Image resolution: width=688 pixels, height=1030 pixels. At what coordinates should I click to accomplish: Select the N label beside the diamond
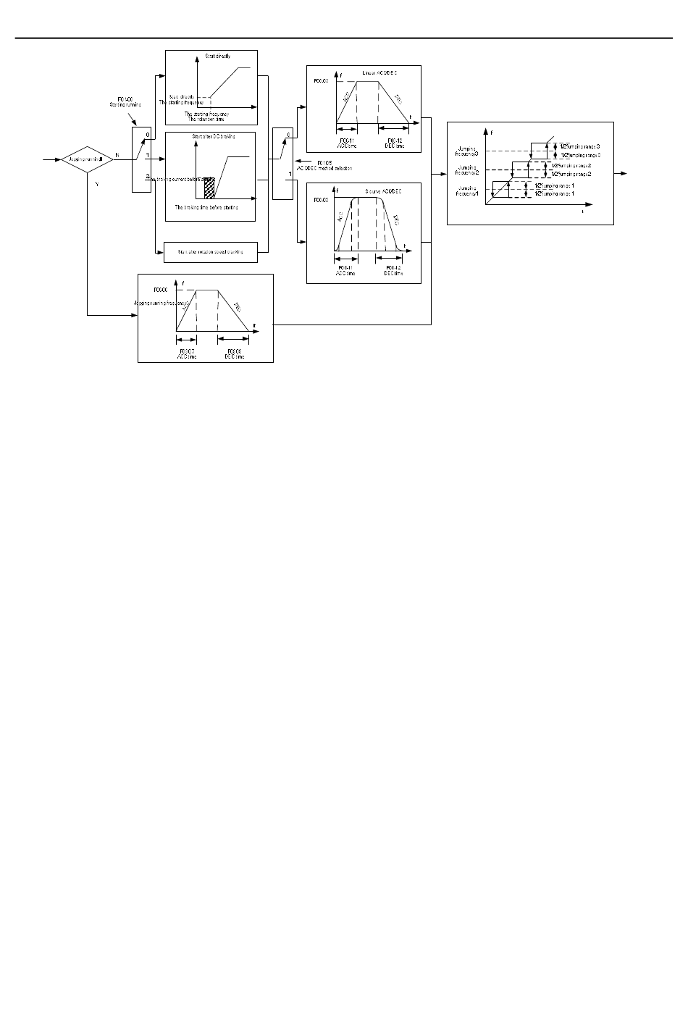[117, 155]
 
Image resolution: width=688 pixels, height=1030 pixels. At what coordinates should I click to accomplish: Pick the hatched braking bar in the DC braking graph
[210, 187]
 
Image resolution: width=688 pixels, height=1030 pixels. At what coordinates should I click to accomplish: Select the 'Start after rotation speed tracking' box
[211, 252]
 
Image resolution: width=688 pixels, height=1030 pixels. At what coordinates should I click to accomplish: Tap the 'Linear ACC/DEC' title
[380, 74]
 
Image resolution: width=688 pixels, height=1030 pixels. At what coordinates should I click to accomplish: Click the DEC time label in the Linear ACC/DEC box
[395, 143]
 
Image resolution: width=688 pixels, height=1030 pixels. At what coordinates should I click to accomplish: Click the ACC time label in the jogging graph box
[187, 353]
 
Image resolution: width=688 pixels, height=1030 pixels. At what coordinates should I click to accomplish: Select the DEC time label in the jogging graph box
[235, 353]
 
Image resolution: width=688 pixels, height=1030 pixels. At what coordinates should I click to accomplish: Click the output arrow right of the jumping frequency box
[623, 174]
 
